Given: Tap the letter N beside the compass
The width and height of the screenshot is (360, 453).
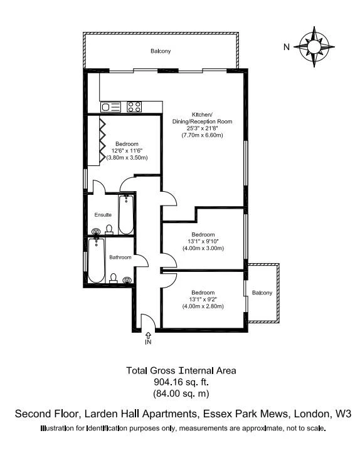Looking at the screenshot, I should click(x=287, y=46).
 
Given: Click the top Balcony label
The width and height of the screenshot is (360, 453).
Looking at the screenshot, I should click(x=161, y=51).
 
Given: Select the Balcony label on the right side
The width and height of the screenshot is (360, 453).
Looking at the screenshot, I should click(x=262, y=293).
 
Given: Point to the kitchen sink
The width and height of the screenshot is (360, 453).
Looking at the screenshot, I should click(x=112, y=107).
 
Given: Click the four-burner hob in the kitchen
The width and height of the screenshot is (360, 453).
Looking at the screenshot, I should click(x=134, y=107).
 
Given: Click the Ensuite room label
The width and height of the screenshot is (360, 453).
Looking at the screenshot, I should click(x=103, y=215).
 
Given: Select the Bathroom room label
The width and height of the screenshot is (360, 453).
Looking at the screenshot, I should click(x=120, y=258).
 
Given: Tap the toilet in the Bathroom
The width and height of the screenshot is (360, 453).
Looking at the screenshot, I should click(x=114, y=278).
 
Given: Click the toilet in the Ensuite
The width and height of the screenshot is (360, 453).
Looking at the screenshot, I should click(x=109, y=230).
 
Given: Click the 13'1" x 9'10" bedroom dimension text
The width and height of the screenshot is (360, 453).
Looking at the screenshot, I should click(x=202, y=241).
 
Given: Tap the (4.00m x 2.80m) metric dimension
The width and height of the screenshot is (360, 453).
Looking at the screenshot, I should click(x=203, y=306).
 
